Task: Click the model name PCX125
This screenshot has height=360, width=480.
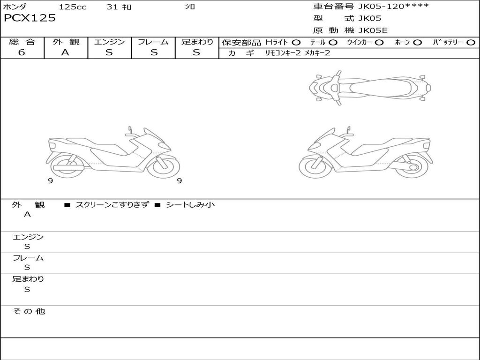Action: pyautogui.click(x=30, y=18)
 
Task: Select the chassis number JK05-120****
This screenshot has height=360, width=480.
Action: pyautogui.click(x=393, y=7)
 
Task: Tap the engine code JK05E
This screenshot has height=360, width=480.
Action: pyautogui.click(x=373, y=30)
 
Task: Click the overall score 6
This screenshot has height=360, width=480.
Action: pyautogui.click(x=22, y=52)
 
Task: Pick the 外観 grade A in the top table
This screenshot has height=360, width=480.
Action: pyautogui.click(x=65, y=52)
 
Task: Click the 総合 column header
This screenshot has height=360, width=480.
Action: pyautogui.click(x=22, y=42)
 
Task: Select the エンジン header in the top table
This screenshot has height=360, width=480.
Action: pyautogui.click(x=109, y=42)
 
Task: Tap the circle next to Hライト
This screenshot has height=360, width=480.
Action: pyautogui.click(x=296, y=43)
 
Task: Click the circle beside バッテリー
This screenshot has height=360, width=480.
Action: pyautogui.click(x=471, y=43)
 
